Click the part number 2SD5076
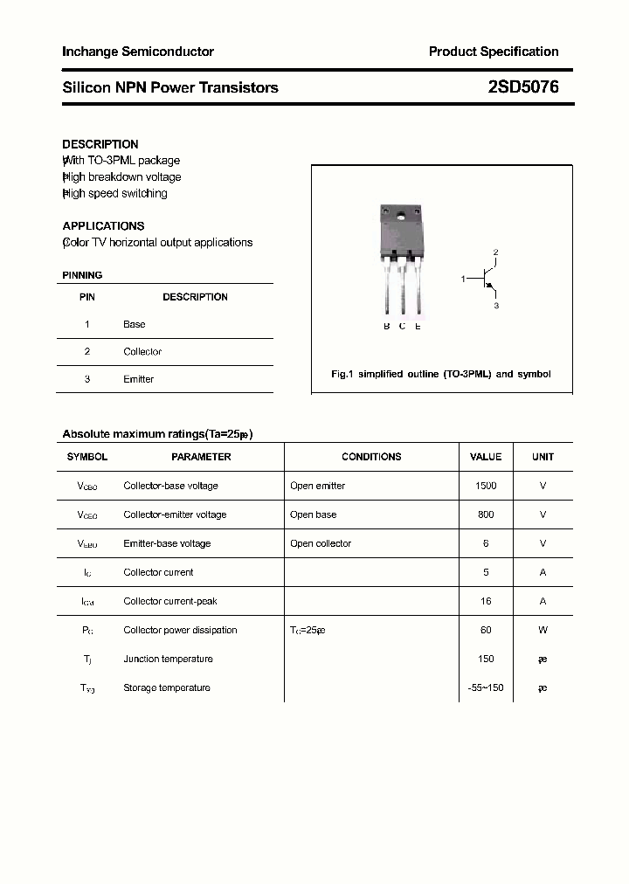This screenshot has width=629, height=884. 523,87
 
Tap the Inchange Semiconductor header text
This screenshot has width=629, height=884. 138,52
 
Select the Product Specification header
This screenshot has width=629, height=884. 493,52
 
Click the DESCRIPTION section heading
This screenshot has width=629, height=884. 100,144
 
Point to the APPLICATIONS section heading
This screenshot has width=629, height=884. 103,225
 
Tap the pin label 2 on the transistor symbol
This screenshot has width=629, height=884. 495,252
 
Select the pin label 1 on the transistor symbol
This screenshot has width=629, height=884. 463,279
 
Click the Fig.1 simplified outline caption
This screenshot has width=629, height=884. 441,374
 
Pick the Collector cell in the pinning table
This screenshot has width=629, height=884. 142,352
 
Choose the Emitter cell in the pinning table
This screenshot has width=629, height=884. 138,379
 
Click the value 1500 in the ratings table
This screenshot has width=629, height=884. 486,486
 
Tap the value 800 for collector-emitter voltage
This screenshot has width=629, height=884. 486,515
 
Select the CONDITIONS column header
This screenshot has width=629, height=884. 371,457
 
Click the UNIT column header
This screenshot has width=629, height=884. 543,457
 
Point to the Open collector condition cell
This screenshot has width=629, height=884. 321,543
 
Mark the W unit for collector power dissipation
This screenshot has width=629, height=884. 543,630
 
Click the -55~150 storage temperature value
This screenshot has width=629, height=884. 486,687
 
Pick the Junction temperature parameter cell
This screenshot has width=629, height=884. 168,659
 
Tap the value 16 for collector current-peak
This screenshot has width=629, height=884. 486,601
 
